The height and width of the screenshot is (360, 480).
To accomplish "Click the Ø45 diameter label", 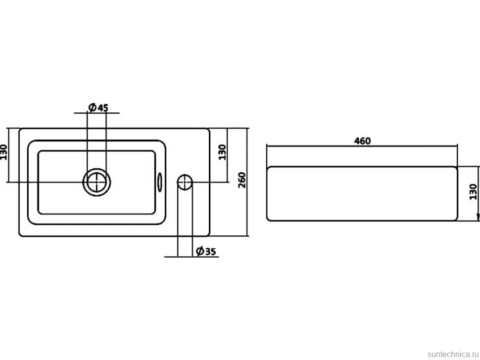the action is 98,108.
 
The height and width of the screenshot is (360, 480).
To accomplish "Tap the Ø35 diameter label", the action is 206,251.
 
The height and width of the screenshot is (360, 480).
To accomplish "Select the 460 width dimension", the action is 362,141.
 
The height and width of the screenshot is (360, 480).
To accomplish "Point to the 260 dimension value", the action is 242,180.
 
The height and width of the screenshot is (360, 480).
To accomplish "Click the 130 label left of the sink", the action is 3,152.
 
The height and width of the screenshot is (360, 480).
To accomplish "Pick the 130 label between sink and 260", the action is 222,152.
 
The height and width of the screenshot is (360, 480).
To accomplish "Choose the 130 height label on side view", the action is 473,192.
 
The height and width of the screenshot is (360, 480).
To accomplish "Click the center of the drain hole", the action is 96,182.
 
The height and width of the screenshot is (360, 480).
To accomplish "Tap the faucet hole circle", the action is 185,182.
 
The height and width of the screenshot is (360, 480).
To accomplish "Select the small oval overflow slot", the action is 160,182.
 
